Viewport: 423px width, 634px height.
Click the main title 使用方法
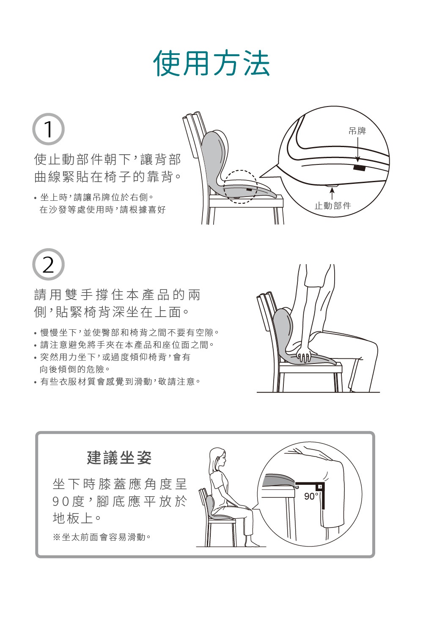coord(211,63)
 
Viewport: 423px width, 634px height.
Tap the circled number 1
coord(48,129)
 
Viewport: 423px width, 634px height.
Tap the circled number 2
coord(48,265)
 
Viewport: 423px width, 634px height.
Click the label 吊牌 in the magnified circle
coord(357,131)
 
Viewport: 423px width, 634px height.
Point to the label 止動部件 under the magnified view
coord(332,206)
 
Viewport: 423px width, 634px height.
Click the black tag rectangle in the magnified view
coord(360,168)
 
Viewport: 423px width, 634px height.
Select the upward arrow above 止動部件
coord(332,193)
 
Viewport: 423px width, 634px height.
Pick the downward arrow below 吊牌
coord(357,150)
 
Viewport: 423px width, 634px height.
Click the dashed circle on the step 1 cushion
coord(240,186)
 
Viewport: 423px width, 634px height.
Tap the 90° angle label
coord(311,496)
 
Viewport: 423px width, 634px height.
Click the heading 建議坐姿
coord(119,458)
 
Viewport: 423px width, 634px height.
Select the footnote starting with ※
coord(102,537)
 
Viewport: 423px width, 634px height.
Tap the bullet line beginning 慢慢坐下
coord(129,333)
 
